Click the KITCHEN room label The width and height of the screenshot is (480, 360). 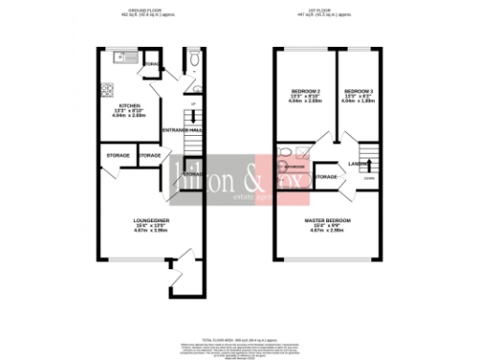point(128,106)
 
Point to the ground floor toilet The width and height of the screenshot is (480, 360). point(191,59)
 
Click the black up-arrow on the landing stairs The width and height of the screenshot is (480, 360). point(355,166)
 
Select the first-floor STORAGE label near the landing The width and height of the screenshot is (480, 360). point(325,176)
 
